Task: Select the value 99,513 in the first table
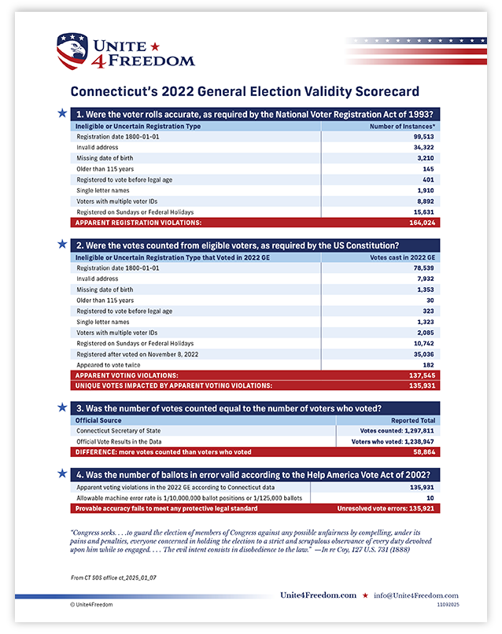[x=424, y=136]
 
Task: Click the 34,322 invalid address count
[x=424, y=147]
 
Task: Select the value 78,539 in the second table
[x=424, y=268]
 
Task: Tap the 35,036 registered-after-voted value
[x=424, y=354]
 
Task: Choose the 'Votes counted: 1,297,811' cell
[x=397, y=431]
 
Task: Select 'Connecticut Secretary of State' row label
[x=118, y=431]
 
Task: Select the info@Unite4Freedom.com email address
[x=417, y=595]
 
